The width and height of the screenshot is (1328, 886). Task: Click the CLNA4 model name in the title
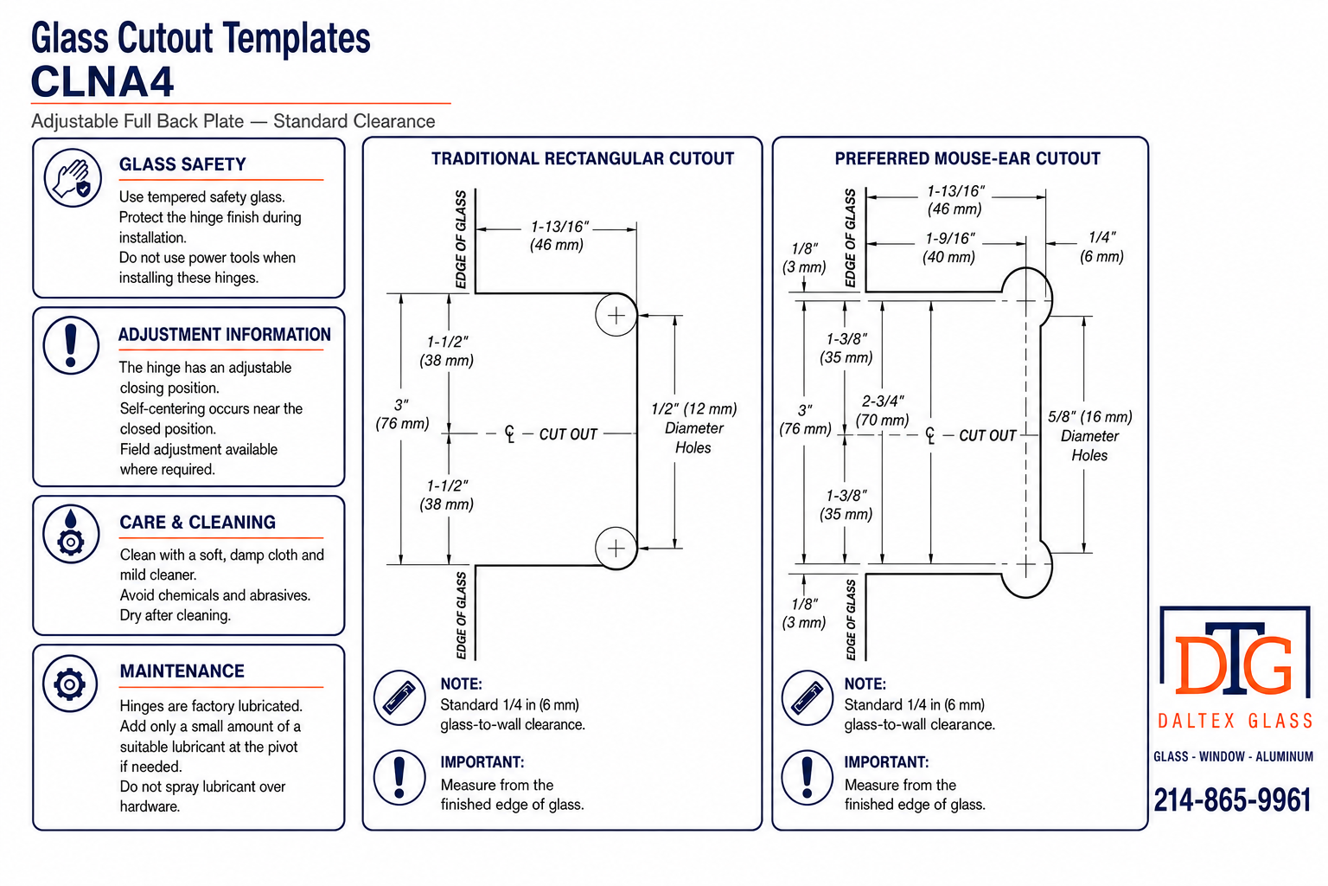click(102, 81)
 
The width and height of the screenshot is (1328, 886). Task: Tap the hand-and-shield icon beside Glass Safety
click(73, 177)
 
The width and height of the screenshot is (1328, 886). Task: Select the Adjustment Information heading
click(224, 335)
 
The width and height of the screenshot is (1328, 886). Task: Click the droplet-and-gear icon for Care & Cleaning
click(71, 534)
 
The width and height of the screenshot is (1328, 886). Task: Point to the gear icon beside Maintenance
click(70, 684)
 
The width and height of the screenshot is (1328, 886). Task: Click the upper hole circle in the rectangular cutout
click(616, 315)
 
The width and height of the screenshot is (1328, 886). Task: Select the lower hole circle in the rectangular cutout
click(616, 548)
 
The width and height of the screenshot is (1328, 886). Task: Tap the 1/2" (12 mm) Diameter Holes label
click(693, 428)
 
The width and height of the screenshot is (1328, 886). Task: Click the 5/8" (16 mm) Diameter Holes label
click(1089, 435)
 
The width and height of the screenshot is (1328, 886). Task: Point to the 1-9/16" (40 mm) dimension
click(949, 247)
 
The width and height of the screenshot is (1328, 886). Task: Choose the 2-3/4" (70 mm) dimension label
click(882, 411)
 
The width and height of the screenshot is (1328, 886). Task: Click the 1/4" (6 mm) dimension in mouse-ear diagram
click(1101, 247)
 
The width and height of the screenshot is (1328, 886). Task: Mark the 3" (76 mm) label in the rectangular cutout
click(402, 414)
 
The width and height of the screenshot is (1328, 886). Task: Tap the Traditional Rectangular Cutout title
click(582, 158)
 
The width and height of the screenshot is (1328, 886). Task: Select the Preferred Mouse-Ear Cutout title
click(967, 158)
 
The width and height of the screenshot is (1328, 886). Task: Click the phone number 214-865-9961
click(1233, 800)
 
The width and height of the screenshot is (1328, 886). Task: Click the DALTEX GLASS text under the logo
click(1235, 721)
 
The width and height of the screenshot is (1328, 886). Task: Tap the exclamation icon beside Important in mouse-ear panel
click(807, 777)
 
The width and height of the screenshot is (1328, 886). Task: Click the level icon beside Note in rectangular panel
click(399, 698)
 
